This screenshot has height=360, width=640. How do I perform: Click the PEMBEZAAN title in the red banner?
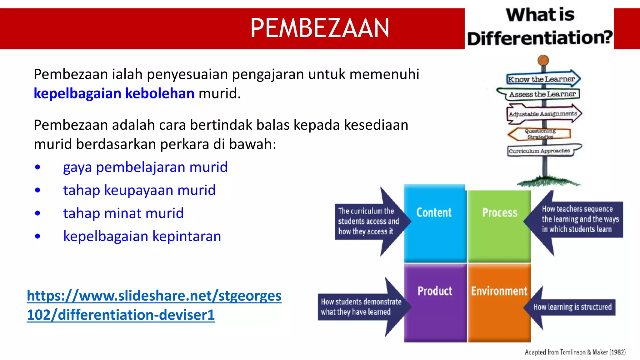click(x=320, y=28)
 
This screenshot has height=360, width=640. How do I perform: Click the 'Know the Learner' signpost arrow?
click(x=542, y=79)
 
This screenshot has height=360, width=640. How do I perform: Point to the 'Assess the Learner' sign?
click(x=542, y=94)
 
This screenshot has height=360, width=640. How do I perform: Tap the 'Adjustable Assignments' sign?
click(x=543, y=114)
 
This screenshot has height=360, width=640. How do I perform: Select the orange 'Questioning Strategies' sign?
click(x=540, y=134)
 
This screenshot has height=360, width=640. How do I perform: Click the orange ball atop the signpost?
click(x=543, y=60)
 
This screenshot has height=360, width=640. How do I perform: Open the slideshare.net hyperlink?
click(x=154, y=305)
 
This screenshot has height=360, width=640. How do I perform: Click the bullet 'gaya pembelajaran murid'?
click(x=145, y=167)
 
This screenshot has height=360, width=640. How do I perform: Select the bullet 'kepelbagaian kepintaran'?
click(x=142, y=236)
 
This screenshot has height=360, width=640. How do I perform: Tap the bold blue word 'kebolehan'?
click(x=160, y=93)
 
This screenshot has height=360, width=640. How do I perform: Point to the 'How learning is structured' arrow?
click(x=572, y=307)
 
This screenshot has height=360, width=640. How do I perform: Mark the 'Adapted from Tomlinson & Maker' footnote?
click(x=575, y=352)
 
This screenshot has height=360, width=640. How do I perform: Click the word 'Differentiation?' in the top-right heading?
click(x=540, y=38)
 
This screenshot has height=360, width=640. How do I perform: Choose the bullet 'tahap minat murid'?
click(x=123, y=213)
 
